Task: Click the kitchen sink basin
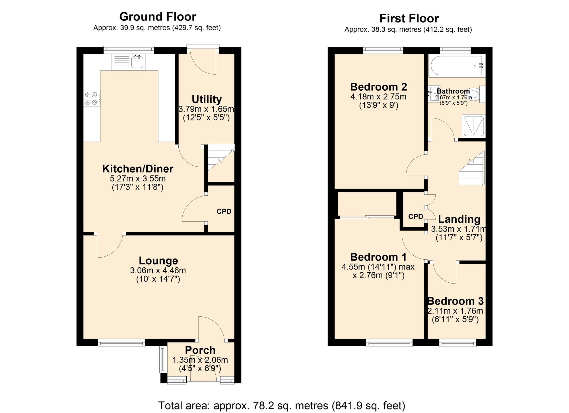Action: pos(137,62)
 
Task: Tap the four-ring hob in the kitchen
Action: pos(92,98)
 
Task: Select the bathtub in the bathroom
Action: pos(456,66)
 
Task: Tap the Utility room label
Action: pos(207,99)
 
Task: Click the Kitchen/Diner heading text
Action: pos(138,169)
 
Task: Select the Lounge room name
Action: pos(158,261)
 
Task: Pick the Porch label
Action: pos(200,350)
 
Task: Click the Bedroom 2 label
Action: pos(379,87)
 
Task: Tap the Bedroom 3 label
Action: pos(455,301)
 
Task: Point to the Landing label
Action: pos(459,219)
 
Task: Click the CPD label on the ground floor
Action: pos(224,211)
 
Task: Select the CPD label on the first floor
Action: pos(416,217)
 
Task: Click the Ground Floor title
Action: pos(158,17)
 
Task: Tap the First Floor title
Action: pos(409,18)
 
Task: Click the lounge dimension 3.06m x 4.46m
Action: pos(158,270)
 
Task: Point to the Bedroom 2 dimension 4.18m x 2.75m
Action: pos(378,97)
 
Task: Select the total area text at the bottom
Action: pos(282,406)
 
